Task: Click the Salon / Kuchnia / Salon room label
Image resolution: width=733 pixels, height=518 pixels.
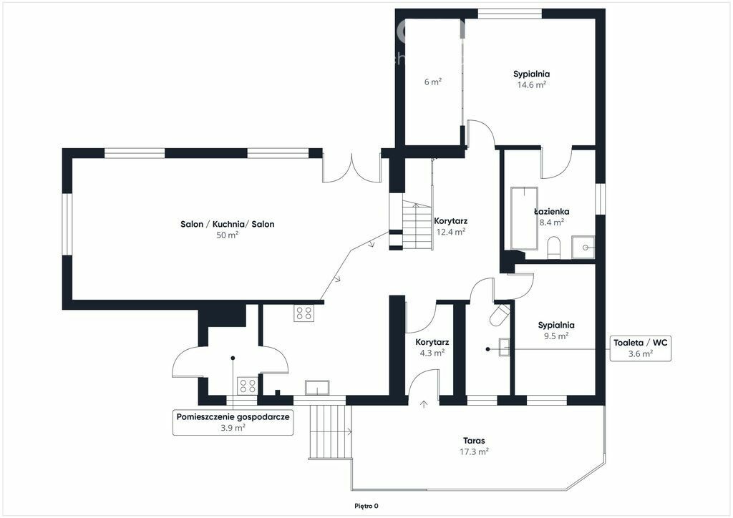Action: [x=227, y=224]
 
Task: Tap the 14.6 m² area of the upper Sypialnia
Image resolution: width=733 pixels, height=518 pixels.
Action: [x=532, y=85]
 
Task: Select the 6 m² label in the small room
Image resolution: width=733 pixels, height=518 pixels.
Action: [x=433, y=82]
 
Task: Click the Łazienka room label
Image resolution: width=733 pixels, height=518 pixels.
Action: [x=552, y=212]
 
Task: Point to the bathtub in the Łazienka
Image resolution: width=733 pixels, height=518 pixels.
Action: [x=525, y=218]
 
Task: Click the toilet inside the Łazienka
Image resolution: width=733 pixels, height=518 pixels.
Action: [x=553, y=247]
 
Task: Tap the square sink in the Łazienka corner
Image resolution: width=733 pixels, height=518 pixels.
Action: [x=583, y=247]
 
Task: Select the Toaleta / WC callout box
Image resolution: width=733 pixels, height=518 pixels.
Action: [x=641, y=348]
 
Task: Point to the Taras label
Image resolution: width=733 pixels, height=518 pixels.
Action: [x=474, y=441]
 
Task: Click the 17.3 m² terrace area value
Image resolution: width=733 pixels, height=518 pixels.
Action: [x=474, y=451]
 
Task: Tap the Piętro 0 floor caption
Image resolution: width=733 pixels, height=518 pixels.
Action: [x=366, y=506]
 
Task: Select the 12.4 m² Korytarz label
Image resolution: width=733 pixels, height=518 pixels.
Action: [x=451, y=232]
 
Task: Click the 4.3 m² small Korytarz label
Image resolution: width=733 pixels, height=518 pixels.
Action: [x=432, y=353]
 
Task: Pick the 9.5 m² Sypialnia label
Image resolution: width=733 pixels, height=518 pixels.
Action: [x=555, y=336]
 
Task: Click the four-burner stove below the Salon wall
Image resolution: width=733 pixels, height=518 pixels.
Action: [x=304, y=313]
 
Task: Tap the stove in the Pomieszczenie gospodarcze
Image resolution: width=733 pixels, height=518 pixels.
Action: [x=247, y=386]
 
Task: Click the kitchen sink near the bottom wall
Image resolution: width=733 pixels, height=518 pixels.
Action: [x=317, y=388]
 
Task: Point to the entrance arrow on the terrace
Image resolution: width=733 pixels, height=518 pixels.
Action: [x=424, y=404]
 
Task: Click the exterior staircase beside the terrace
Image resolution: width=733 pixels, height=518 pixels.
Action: [x=329, y=432]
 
